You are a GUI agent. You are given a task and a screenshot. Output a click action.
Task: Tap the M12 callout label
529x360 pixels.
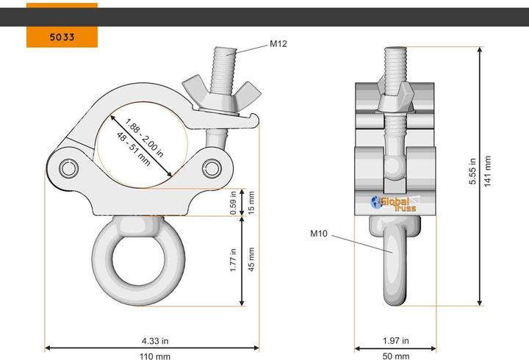[278, 44]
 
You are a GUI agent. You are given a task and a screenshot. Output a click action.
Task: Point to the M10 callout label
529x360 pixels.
[319, 234]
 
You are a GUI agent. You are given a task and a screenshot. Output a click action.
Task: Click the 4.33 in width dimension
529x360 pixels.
[155, 341]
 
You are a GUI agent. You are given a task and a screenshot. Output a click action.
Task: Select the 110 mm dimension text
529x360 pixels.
[155, 356]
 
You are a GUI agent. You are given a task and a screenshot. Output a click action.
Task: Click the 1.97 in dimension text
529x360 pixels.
[396, 341]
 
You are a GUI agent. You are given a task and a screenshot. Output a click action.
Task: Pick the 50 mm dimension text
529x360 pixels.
[396, 356]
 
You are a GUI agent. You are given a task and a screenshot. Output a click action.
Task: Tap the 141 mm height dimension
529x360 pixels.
[488, 171]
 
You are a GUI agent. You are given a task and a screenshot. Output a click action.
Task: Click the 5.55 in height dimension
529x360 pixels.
[472, 171]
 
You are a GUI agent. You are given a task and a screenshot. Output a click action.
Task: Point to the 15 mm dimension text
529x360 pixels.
[251, 203]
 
